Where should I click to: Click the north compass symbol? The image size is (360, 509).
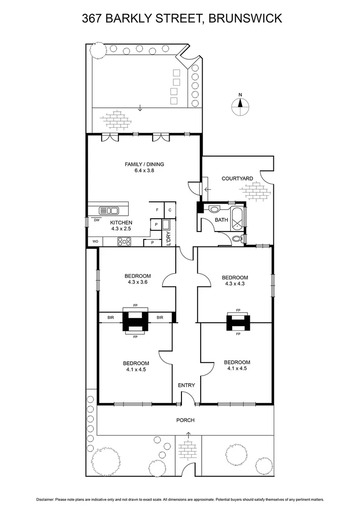coord(240,107)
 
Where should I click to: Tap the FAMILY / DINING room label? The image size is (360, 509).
coord(144,167)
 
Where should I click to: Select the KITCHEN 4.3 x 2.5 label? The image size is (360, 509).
coord(121,226)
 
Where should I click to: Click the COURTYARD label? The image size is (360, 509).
coord(237,179)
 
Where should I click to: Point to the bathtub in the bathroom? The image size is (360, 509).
coord(237,217)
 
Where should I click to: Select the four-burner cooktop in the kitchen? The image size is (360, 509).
coord(124,242)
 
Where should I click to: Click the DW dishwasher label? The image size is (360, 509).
coord(96,220)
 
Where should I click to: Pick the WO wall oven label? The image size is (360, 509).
coord(94,242)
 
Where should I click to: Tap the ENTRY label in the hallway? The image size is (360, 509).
coord(186,386)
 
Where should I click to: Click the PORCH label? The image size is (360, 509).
coord(185,420)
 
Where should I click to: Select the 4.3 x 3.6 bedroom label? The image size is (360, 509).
coord(137,279)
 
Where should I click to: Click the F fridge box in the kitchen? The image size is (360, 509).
coord(156,210)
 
